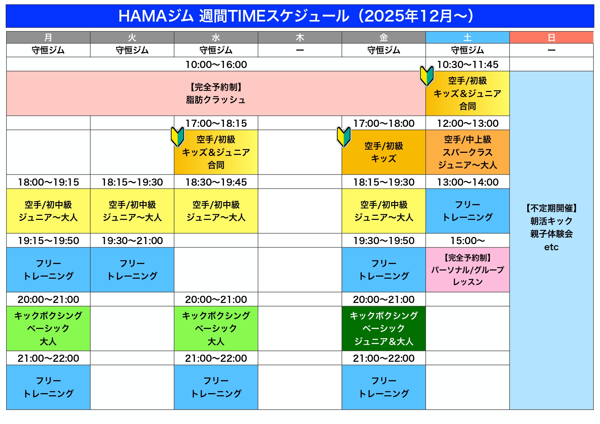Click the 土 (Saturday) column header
[x=467, y=37]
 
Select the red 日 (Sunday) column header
[x=551, y=37]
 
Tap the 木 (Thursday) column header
[x=300, y=37]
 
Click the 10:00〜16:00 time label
[x=216, y=64]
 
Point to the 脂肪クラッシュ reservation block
[x=216, y=93]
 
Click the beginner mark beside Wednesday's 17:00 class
[x=177, y=137]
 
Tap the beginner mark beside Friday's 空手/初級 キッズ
[x=344, y=137]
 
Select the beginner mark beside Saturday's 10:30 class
[x=427, y=76]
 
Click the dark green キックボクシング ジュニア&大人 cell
[x=384, y=328]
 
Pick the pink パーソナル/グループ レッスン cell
[x=467, y=270]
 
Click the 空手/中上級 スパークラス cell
[x=467, y=152]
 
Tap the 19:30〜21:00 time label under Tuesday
[x=132, y=241]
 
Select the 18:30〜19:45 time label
[x=216, y=182]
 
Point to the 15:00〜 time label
[x=467, y=241]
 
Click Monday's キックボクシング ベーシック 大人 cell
[x=48, y=328]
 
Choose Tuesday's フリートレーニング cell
[x=132, y=270]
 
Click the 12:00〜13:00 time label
[x=468, y=123]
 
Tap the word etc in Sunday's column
[x=551, y=247]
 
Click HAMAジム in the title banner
[x=156, y=16]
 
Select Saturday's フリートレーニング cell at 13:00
[x=467, y=211]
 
